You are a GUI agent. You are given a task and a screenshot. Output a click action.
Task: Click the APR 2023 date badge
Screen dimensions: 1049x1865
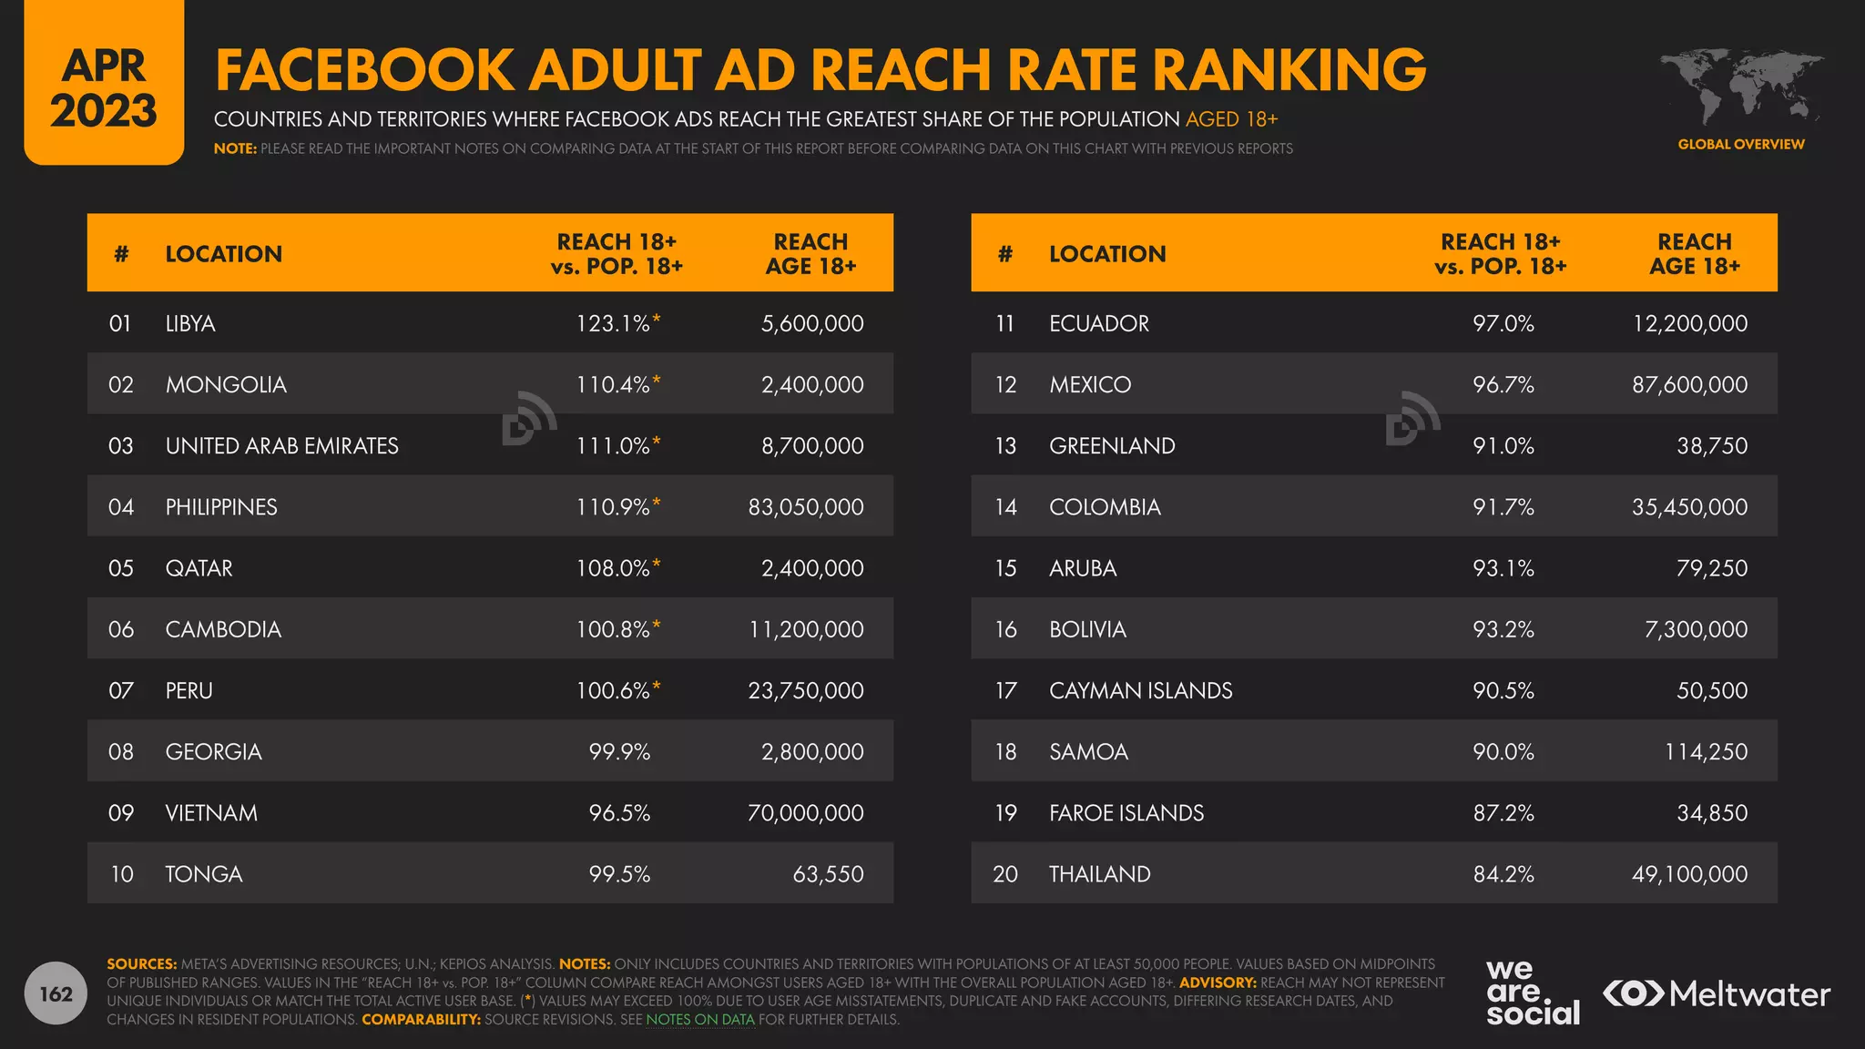click(x=104, y=88)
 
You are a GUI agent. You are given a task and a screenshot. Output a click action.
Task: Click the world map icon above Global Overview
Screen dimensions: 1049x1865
click(x=1741, y=87)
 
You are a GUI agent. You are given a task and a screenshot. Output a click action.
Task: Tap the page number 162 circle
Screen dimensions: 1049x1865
click(x=56, y=993)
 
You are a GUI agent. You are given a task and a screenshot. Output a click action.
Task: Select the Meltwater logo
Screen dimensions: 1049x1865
click(x=1717, y=993)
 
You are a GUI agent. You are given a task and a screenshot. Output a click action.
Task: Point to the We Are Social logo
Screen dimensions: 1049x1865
click(x=1533, y=993)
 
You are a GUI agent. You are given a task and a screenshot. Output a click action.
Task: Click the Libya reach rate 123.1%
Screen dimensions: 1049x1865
click(x=612, y=323)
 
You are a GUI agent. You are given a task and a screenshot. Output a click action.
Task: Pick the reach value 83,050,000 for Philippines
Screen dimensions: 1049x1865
click(x=806, y=507)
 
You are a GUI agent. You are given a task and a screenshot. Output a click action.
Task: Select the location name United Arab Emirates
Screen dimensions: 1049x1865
click(x=281, y=446)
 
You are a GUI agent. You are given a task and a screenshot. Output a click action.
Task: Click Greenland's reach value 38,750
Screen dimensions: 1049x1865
click(x=1712, y=446)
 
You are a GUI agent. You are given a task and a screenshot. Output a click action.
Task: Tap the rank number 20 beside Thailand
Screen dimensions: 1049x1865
click(x=1005, y=874)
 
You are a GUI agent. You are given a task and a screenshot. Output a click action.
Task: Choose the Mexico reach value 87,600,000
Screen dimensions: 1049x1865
click(x=1689, y=384)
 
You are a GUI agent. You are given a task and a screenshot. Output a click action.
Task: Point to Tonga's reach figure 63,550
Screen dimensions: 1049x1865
click(x=828, y=874)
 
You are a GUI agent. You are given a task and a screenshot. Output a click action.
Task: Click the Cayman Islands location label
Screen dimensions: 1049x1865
click(x=1140, y=690)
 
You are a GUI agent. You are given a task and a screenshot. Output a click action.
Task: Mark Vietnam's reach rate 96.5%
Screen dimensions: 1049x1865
click(x=619, y=813)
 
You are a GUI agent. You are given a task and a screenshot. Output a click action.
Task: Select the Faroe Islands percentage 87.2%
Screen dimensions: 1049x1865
click(x=1503, y=813)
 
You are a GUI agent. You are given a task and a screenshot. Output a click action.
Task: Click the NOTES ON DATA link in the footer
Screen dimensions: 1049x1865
click(x=700, y=1020)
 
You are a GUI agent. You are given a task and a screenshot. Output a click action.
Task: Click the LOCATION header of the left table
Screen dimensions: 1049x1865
click(x=223, y=254)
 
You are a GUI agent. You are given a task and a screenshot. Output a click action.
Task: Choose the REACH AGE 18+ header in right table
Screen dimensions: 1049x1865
click(x=1694, y=254)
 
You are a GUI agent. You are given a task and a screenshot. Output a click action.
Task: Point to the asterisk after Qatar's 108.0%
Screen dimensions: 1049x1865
click(x=657, y=564)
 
